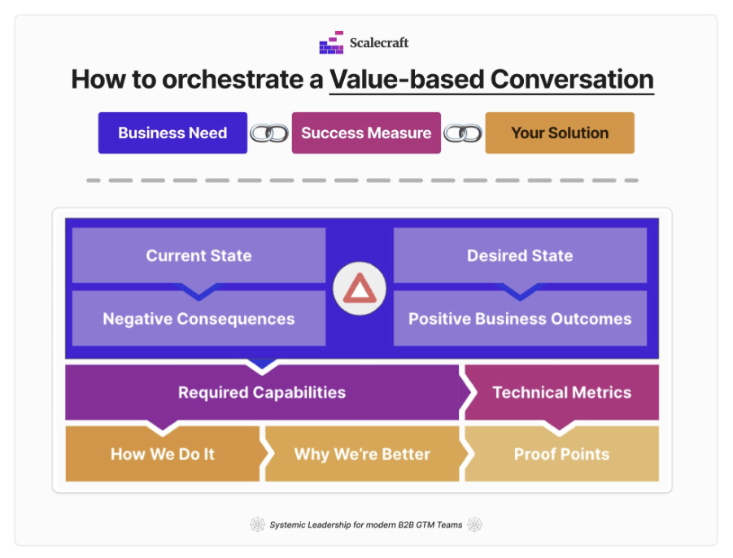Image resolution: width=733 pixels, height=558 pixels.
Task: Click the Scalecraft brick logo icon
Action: tap(331, 42)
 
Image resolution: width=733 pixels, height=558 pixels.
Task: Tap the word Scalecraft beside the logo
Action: tap(379, 43)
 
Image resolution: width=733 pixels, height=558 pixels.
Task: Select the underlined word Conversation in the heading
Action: tap(572, 79)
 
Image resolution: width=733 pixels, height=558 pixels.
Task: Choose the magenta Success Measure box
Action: tap(366, 133)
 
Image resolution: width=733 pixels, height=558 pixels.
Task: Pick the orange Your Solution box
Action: tap(560, 133)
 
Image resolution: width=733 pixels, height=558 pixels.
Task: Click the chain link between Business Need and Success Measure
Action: tap(269, 133)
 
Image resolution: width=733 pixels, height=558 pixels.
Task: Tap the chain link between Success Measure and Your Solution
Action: tap(463, 133)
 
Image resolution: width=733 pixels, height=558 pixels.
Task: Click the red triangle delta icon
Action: tap(360, 288)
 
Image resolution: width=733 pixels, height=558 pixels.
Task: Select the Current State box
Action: tap(199, 255)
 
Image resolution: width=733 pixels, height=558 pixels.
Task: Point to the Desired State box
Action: tap(520, 255)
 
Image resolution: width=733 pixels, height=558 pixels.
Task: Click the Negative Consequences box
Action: tap(199, 318)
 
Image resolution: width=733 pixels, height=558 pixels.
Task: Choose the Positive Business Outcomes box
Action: tap(520, 318)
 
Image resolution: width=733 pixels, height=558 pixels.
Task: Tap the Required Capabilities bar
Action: tap(262, 393)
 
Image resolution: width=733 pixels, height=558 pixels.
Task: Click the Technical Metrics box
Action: tap(561, 393)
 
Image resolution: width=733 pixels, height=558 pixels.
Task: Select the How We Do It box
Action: tap(163, 454)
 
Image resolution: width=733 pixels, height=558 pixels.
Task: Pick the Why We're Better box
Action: tap(362, 454)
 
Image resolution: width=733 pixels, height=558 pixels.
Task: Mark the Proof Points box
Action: tap(561, 454)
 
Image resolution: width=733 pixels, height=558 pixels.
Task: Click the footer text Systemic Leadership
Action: tap(311, 525)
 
